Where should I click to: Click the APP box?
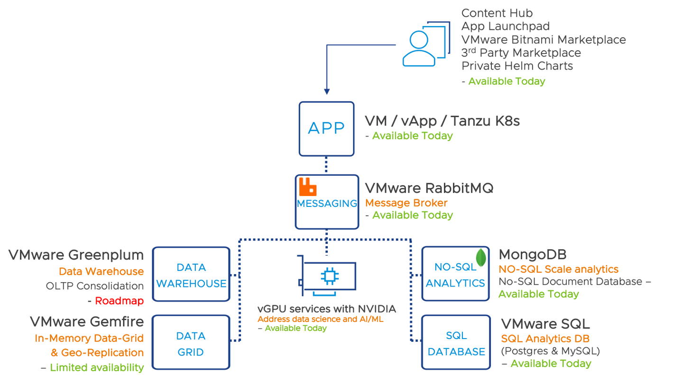[326, 129]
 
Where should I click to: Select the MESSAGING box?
[327, 202]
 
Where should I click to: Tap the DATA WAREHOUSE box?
[191, 275]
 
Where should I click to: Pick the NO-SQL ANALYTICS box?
[455, 274]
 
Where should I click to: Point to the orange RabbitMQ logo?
[307, 187]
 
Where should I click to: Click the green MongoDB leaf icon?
[482, 257]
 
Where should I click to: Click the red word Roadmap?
[119, 301]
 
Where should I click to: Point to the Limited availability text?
[97, 367]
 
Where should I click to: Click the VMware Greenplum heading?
[76, 255]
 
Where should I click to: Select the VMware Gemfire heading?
[87, 322]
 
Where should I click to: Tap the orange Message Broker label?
[406, 203]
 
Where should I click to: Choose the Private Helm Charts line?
[517, 66]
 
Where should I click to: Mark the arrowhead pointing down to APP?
[326, 91]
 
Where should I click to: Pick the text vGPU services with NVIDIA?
[326, 309]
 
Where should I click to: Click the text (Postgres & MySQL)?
[551, 351]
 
